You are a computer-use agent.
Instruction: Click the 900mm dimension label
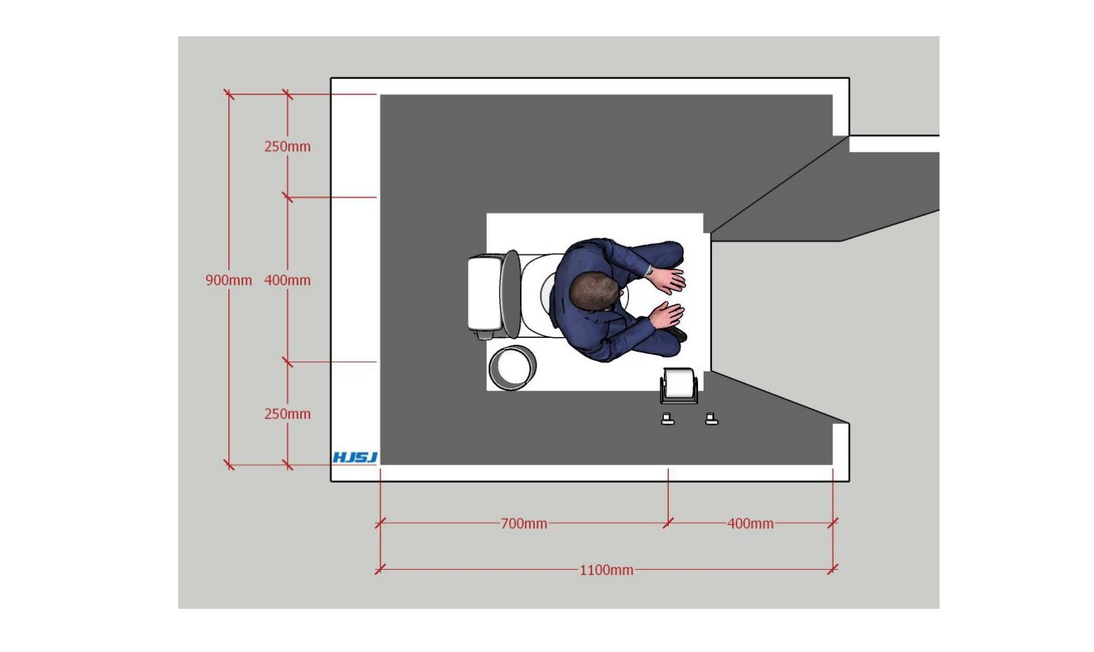228,281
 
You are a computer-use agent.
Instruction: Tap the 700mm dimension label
524,524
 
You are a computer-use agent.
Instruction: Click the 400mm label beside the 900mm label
287,281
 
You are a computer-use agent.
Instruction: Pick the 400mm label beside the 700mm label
751,524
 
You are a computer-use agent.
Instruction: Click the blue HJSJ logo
355,458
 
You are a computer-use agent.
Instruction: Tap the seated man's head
594,293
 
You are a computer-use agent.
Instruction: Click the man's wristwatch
649,270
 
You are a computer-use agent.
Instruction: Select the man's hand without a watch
667,314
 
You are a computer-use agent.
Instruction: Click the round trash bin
512,368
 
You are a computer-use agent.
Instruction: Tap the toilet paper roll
679,383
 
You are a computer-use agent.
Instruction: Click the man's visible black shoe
678,334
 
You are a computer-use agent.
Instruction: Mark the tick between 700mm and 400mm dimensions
668,523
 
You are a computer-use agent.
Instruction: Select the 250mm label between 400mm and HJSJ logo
287,414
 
